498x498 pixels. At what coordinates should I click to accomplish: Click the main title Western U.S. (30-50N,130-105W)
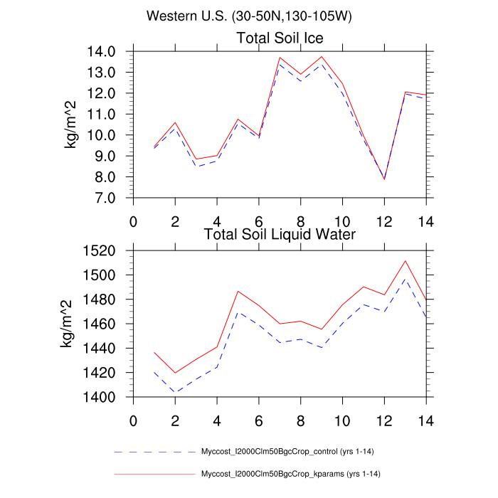248,16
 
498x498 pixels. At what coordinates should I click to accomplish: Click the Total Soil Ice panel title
280,38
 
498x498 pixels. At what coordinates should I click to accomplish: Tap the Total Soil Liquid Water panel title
280,233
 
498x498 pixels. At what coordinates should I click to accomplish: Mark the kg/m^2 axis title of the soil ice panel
72,124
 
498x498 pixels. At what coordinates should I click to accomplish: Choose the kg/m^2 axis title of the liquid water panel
65,324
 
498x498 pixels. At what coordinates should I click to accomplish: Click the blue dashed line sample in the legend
154,452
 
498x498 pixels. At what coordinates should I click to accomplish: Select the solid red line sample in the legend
154,473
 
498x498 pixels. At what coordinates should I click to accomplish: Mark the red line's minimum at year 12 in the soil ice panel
384,179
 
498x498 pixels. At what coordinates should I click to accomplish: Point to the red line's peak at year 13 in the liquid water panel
405,260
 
